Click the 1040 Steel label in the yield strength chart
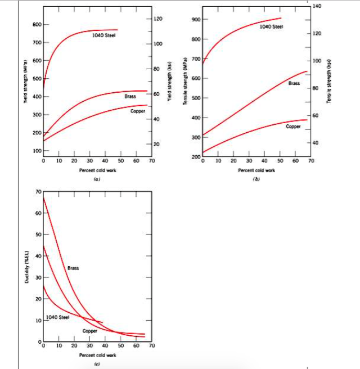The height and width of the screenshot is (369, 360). pos(103,35)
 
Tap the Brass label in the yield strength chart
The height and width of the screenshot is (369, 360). pos(130,97)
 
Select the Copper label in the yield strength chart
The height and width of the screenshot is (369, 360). pos(138,111)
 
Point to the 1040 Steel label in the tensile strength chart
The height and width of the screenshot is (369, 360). pos(272,26)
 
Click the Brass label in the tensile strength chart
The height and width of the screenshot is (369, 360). pos(294,83)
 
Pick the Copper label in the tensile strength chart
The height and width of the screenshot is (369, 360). pos(293,127)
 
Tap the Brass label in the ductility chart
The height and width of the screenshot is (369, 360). pos(73,268)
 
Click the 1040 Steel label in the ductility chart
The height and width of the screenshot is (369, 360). pos(57,317)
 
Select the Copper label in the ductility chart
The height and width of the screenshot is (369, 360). pos(90,331)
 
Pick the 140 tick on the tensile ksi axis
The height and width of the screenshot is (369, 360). pos(316,6)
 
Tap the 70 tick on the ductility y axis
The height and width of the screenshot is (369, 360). pos(37,192)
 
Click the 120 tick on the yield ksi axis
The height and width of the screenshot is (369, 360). pos(158,20)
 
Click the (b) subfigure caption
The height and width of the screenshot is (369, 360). pos(256,178)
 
